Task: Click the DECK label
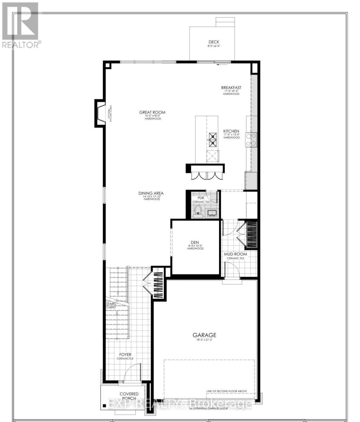213,42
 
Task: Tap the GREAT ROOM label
152,113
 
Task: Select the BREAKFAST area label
231,88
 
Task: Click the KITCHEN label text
231,132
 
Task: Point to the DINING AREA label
151,193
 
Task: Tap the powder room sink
212,213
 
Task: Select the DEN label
195,242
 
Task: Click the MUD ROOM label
236,254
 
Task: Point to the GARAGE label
204,335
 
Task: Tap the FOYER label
125,354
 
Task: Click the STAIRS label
111,304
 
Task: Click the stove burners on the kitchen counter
252,139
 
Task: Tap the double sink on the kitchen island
213,139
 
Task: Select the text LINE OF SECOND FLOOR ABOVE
226,391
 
